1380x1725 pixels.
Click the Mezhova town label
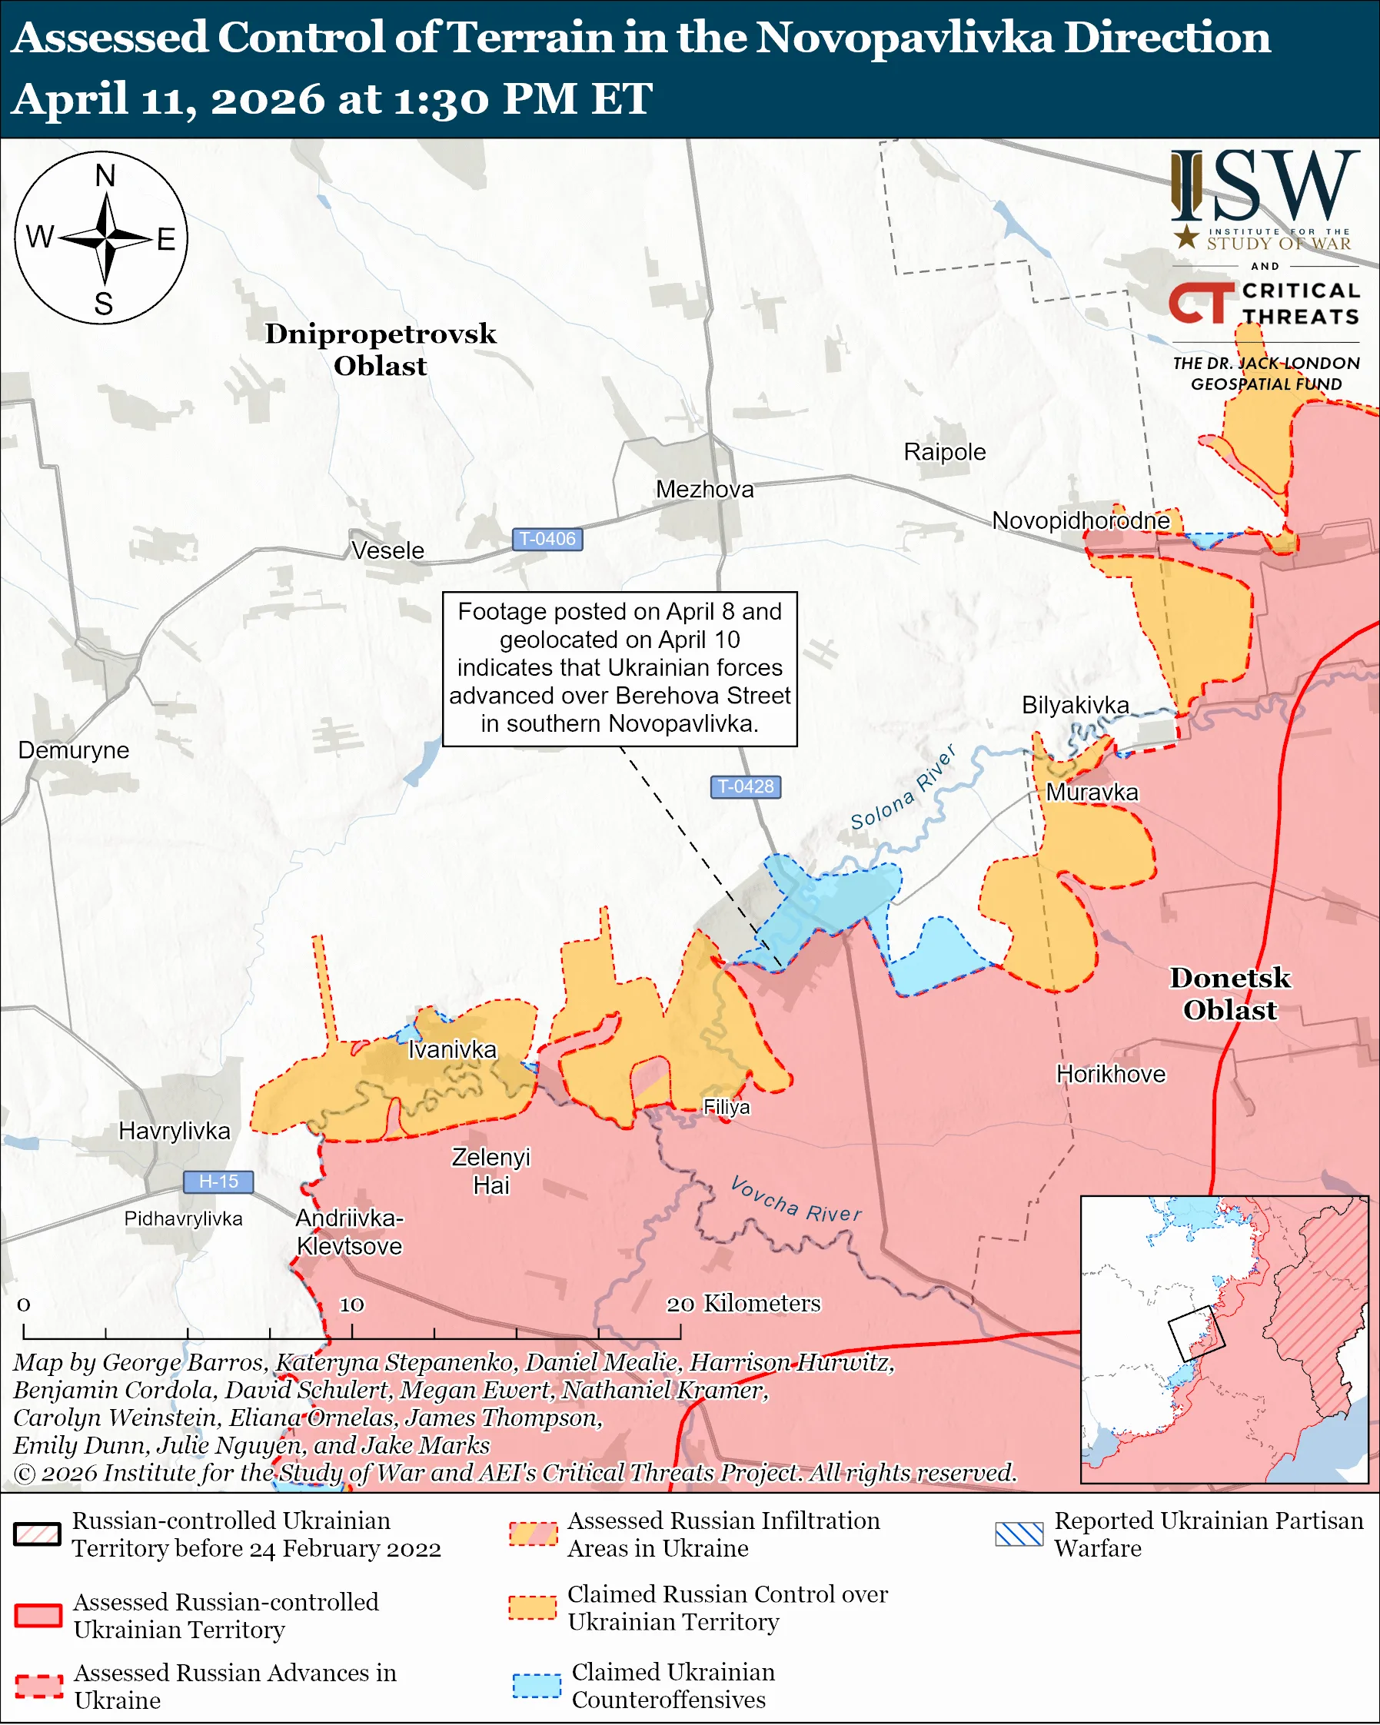tap(704, 489)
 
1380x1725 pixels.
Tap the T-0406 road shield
tap(547, 540)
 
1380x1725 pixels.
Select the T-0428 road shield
tap(746, 786)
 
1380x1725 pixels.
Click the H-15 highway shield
tap(218, 1181)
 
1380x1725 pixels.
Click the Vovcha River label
tap(796, 1199)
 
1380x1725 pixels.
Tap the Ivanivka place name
tap(452, 1049)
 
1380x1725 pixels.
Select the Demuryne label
tap(74, 749)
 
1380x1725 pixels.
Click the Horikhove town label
tap(1110, 1074)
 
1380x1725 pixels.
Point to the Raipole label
tap(944, 452)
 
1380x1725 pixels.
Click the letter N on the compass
tap(105, 175)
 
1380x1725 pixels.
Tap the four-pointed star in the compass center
tap(105, 238)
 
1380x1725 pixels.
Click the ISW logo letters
tap(1265, 188)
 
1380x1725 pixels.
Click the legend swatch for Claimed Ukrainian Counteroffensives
tap(537, 1685)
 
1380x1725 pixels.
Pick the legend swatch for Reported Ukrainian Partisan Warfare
tap(1019, 1534)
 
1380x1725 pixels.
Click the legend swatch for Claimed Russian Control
tap(532, 1607)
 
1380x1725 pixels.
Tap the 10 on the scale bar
tap(351, 1305)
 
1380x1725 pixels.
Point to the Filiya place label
tap(727, 1106)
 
